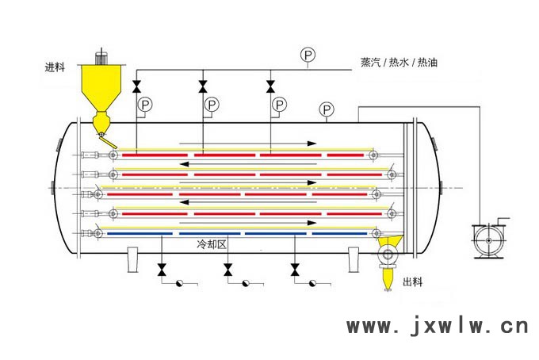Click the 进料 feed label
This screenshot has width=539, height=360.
pyautogui.click(x=58, y=67)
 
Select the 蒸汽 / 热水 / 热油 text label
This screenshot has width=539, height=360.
pyautogui.click(x=397, y=63)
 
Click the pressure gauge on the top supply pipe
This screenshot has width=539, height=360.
pyautogui.click(x=307, y=55)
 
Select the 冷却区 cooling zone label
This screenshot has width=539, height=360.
pyautogui.click(x=212, y=246)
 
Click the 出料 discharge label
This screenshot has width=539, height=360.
pyautogui.click(x=414, y=282)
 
